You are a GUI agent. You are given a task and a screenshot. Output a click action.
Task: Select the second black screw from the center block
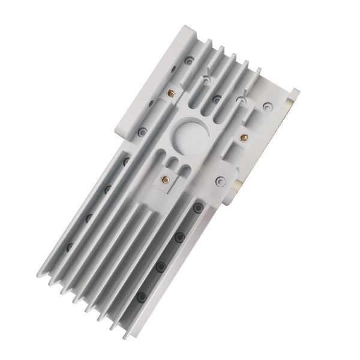[x=178, y=238]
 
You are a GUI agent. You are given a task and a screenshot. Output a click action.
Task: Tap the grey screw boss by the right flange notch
[x=267, y=108]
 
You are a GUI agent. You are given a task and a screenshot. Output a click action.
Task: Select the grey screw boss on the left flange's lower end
[x=142, y=131]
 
